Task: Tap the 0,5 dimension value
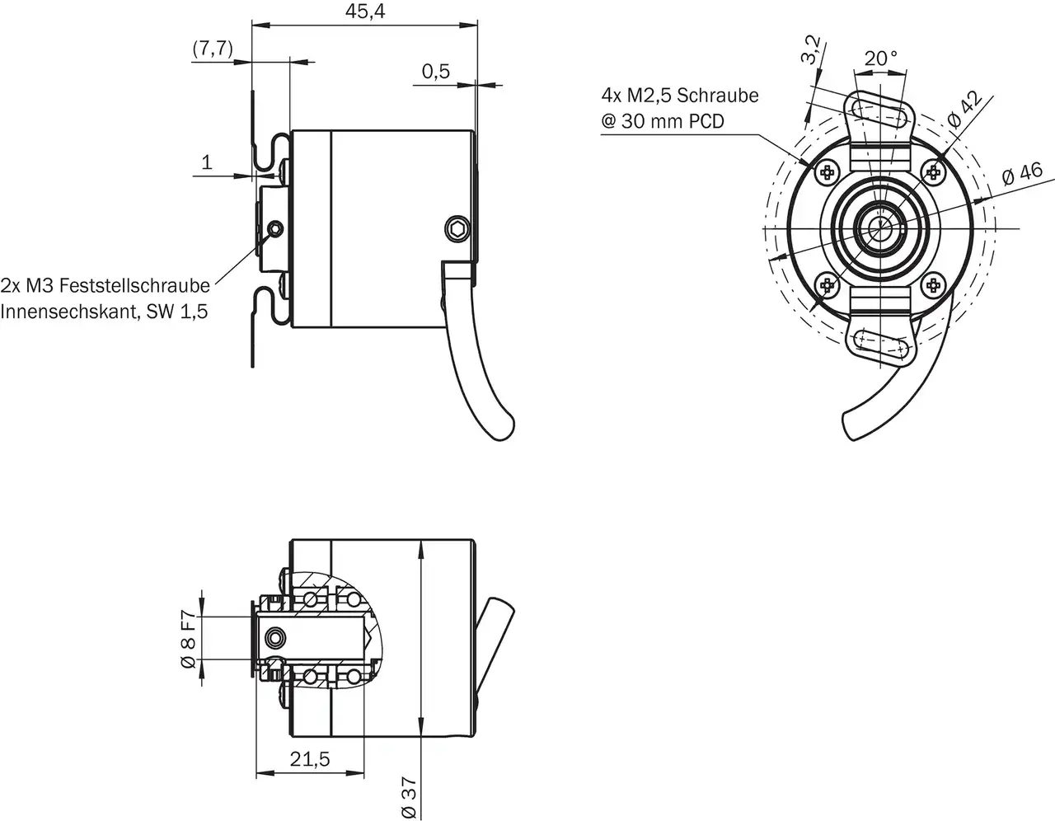(x=436, y=72)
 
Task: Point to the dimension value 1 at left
(x=207, y=162)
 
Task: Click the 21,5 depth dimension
(x=310, y=759)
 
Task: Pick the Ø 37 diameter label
(x=409, y=799)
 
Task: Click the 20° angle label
(x=880, y=59)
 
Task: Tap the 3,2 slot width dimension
(x=811, y=50)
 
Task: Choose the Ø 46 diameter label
(x=1022, y=174)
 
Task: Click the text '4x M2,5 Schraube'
(x=680, y=96)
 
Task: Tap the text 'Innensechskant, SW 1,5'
(x=105, y=312)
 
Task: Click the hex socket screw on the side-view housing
(x=457, y=228)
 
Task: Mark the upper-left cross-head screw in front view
(x=827, y=171)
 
